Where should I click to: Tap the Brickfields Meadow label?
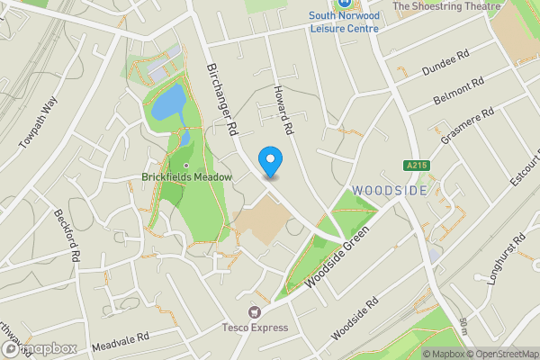[187, 177]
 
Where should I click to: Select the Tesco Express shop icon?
[255, 311]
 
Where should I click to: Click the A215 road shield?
[415, 166]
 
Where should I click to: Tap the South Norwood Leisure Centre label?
[344, 21]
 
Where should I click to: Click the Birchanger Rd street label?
[220, 99]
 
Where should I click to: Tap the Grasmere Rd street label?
[469, 127]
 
